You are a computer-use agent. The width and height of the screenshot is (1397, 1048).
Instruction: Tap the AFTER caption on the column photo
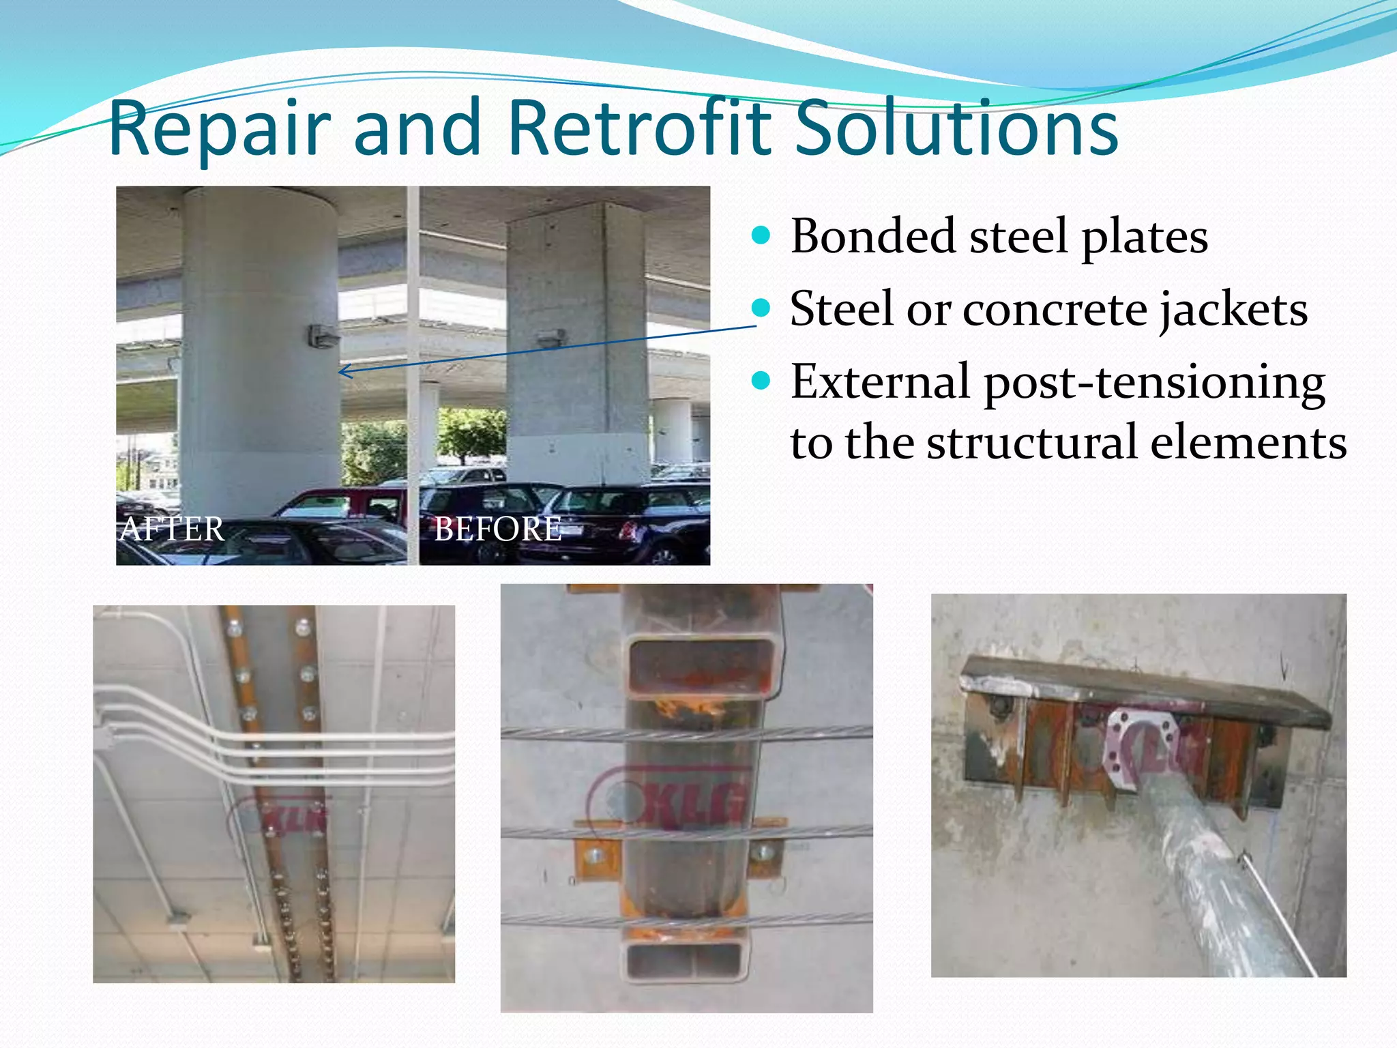pyautogui.click(x=172, y=529)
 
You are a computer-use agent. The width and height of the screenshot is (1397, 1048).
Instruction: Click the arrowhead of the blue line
pyautogui.click(x=343, y=371)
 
